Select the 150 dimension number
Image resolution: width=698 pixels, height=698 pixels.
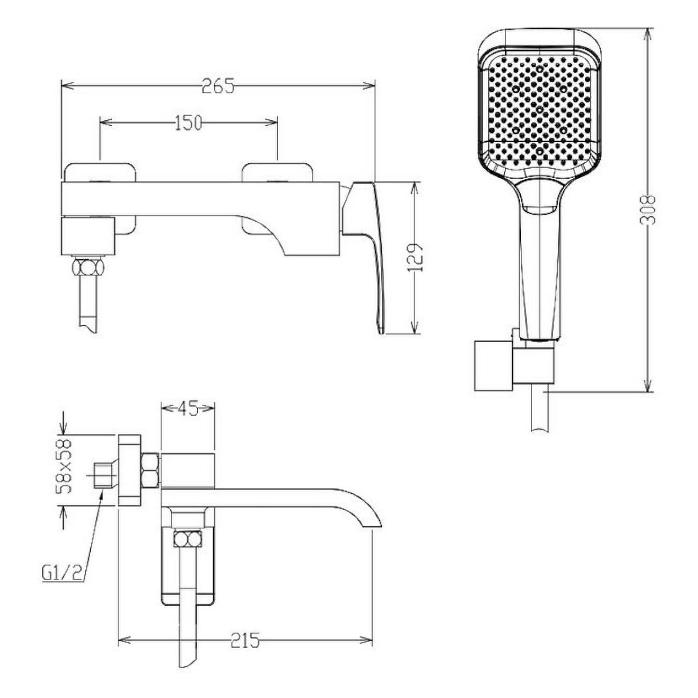tap(188, 123)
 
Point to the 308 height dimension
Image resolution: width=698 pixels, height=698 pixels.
tap(648, 210)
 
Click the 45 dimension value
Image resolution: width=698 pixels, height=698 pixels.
tap(187, 409)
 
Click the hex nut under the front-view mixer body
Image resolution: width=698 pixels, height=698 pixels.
tap(88, 268)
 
